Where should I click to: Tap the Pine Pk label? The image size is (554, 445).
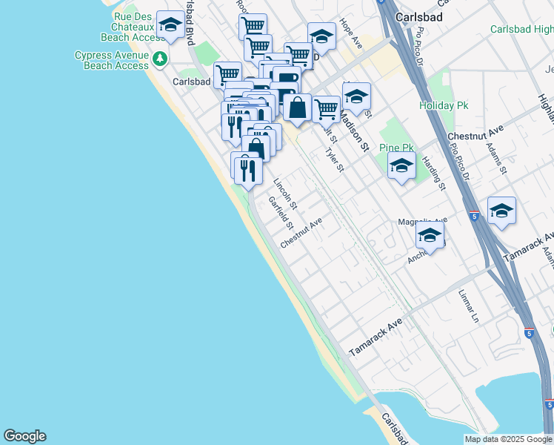coord(396,148)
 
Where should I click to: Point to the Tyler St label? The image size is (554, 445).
coord(336,160)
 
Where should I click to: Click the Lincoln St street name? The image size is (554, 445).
coord(285,194)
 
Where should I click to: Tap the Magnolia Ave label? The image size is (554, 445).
coord(423,221)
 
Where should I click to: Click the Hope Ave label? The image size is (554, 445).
coord(350,34)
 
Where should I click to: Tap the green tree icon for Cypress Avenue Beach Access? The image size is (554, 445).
coord(158,58)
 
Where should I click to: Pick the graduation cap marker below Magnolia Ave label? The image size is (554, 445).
coord(430,236)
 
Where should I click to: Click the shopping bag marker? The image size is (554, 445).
coord(297,107)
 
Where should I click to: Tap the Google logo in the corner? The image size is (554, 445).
coord(24,436)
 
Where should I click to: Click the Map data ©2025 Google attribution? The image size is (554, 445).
coord(508,439)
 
